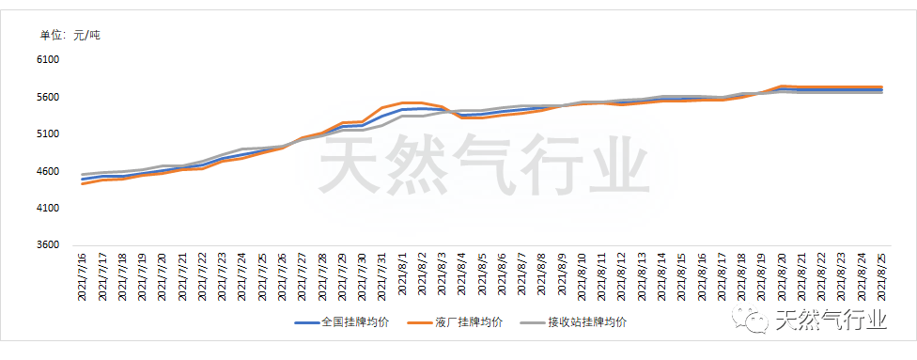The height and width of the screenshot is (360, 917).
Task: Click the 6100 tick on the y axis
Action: (47, 60)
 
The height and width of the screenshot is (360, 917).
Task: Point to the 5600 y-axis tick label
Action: (47, 97)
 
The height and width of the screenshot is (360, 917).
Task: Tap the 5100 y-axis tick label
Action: (47, 134)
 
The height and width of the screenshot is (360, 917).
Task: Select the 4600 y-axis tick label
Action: (47, 171)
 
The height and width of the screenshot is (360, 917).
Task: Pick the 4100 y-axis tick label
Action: (47, 208)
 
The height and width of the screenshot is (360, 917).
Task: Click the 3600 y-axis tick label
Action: (47, 245)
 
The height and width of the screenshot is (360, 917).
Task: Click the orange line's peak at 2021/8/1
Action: (402, 102)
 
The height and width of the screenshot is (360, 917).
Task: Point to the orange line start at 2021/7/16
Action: (83, 183)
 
